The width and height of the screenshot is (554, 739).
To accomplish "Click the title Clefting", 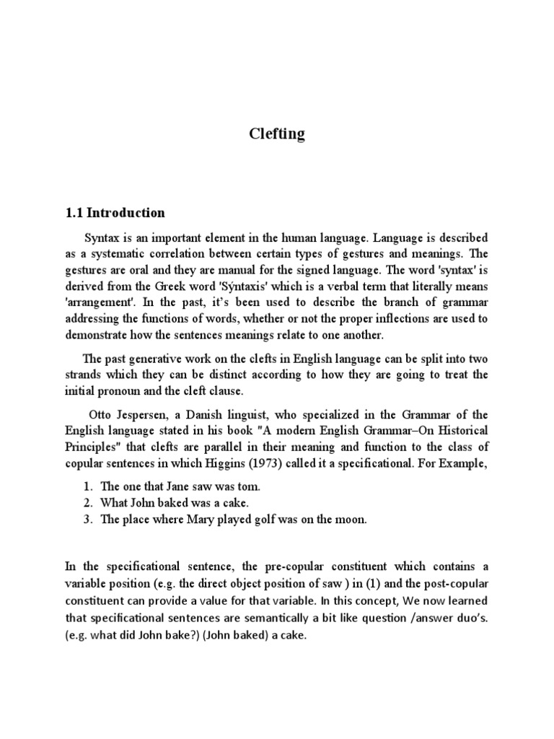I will [x=276, y=134].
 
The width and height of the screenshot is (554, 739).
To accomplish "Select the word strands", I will [x=86, y=375].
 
